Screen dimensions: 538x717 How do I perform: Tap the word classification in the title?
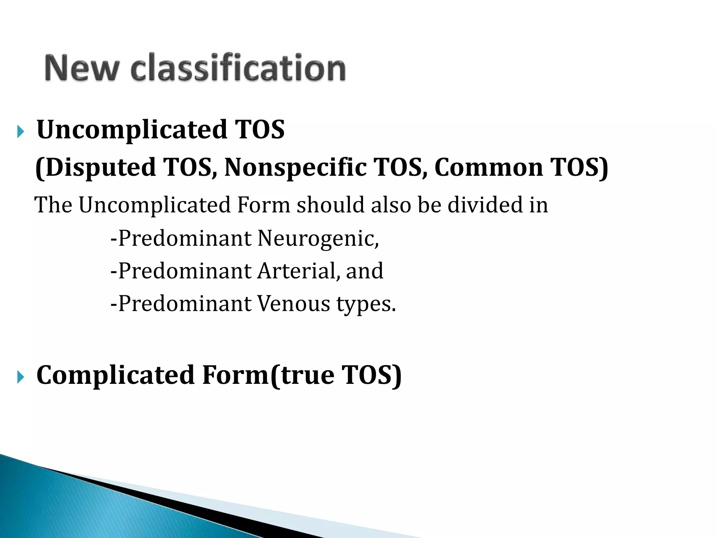(x=238, y=68)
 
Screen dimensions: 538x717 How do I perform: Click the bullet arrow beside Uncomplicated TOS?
(x=21, y=132)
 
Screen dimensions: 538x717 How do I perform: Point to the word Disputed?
(x=100, y=167)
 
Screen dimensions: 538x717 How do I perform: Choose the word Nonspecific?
(x=295, y=167)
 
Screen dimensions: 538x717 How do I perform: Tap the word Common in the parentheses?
(x=489, y=167)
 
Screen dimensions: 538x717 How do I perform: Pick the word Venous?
(x=293, y=304)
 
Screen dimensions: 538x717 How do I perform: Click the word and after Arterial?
(x=364, y=271)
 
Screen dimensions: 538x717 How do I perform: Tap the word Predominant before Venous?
(x=185, y=304)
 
